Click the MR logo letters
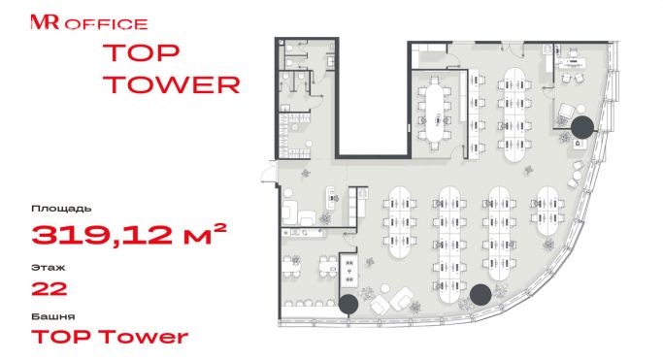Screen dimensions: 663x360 pyautogui.click(x=45, y=22)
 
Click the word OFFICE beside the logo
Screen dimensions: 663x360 pyautogui.click(x=106, y=24)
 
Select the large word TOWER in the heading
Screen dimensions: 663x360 pyautogui.click(x=172, y=85)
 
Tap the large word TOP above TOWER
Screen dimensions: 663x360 pyautogui.click(x=141, y=52)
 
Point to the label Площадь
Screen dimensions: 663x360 pyautogui.click(x=61, y=209)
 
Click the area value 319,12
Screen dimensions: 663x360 pyautogui.click(x=102, y=235)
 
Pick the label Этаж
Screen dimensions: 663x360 pyautogui.click(x=49, y=268)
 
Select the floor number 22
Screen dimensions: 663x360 pyautogui.click(x=50, y=289)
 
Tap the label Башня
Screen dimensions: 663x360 pyautogui.click(x=53, y=316)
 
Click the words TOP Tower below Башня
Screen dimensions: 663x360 pyautogui.click(x=110, y=337)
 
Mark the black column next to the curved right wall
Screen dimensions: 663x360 pyautogui.click(x=582, y=127)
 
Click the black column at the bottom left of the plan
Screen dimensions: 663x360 pyautogui.click(x=348, y=304)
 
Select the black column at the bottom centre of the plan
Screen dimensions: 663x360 pyautogui.click(x=481, y=295)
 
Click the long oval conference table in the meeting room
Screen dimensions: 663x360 pyautogui.click(x=435, y=114)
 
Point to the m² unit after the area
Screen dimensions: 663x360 pyautogui.click(x=205, y=234)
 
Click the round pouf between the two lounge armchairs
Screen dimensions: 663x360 pyautogui.click(x=384, y=288)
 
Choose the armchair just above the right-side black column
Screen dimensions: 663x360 pyautogui.click(x=566, y=111)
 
